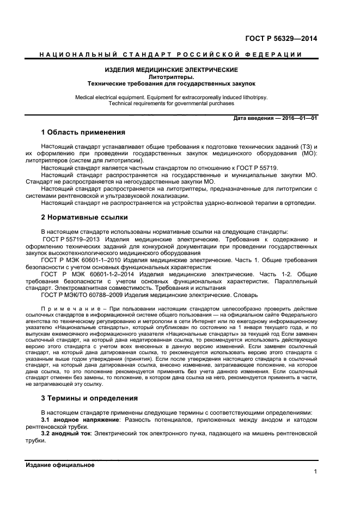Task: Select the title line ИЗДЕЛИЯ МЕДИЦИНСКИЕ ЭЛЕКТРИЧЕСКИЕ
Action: (x=172, y=70)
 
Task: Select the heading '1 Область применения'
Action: (x=83, y=132)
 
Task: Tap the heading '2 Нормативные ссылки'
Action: (x=84, y=217)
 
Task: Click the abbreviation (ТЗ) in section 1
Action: (x=304, y=147)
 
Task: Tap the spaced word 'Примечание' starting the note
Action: (x=64, y=309)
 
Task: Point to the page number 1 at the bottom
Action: (x=315, y=472)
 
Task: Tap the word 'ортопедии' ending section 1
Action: (x=301, y=203)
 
